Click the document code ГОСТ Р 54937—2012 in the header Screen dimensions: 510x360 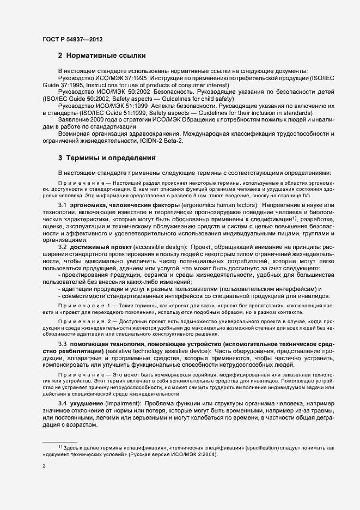[72, 39]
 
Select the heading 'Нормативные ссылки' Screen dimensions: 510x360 [107, 56]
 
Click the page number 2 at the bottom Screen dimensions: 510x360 [44, 466]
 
